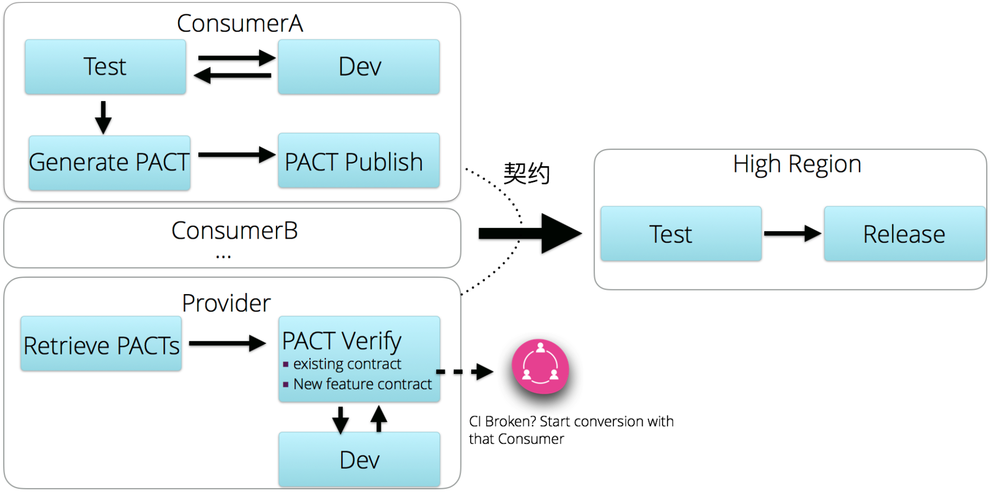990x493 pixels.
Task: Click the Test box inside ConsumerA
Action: coord(105,67)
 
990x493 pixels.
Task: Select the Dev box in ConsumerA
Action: coord(359,67)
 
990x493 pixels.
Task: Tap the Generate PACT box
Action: coord(109,162)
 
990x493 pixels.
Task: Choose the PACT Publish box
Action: coord(359,161)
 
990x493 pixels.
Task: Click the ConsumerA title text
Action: coord(240,23)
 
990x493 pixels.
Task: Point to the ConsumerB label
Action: coord(234,231)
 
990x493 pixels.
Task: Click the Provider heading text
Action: coord(226,303)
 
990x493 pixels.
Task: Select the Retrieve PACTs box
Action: coord(101,344)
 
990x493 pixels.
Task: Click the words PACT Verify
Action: coord(342,341)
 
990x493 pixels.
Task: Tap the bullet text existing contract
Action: coord(347,364)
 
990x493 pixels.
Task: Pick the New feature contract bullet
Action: coord(362,384)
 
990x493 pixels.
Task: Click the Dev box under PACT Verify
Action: coord(359,459)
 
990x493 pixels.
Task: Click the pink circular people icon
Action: coord(540,367)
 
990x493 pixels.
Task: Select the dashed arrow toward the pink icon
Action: coord(464,372)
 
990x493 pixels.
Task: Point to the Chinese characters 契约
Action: coord(526,173)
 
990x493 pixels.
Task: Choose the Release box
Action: coord(904,234)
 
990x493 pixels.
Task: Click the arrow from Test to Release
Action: coord(792,233)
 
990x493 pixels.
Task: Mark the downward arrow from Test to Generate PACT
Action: coord(103,117)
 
